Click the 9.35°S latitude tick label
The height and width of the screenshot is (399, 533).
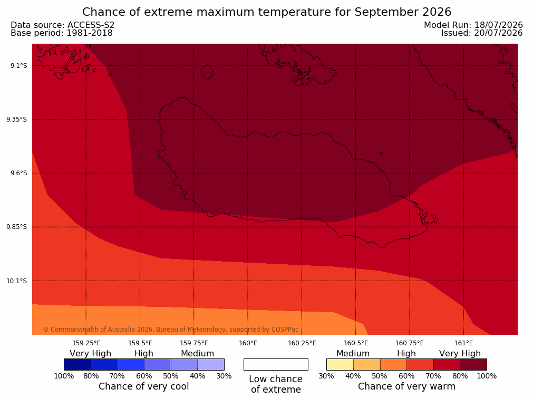click(17, 119)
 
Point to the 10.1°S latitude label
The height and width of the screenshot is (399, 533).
click(17, 281)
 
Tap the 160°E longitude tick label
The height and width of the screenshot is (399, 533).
click(248, 343)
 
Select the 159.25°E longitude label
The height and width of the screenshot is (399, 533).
click(86, 343)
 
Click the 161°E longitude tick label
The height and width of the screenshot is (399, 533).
click(463, 343)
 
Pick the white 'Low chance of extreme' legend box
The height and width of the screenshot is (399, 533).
click(276, 364)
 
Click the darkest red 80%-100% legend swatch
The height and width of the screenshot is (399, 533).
click(473, 364)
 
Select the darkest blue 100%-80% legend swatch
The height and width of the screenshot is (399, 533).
click(77, 364)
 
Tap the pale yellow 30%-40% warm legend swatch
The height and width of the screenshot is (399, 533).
click(340, 364)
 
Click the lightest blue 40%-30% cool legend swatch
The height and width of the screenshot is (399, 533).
click(211, 364)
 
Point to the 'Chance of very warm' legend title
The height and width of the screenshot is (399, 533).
click(406, 386)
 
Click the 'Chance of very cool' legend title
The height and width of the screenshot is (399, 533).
click(144, 386)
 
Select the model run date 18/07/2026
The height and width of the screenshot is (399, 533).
click(499, 25)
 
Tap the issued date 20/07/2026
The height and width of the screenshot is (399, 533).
click(499, 33)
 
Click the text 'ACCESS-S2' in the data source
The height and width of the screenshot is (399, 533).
click(91, 25)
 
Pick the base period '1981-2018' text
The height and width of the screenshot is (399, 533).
click(90, 33)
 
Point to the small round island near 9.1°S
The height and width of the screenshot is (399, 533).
click(207, 72)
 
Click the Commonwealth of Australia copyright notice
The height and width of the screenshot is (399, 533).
click(171, 330)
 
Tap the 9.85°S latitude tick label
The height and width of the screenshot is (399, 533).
click(17, 227)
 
